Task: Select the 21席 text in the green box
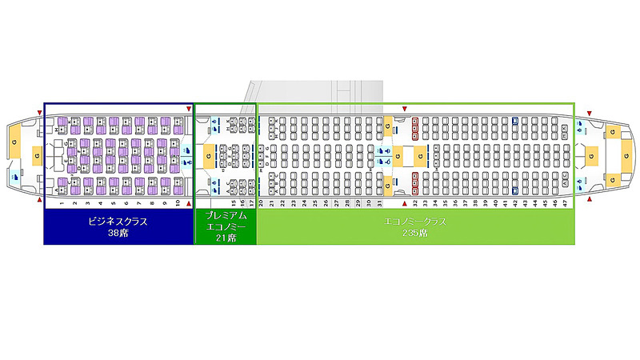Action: click(226, 238)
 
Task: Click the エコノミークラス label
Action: click(415, 222)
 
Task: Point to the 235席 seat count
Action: click(415, 233)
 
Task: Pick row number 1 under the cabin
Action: click(61, 204)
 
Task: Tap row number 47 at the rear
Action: click(566, 204)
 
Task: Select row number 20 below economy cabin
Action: click(262, 204)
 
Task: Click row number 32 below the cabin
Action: click(415, 204)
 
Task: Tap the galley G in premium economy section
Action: click(209, 157)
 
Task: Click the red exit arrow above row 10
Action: click(189, 109)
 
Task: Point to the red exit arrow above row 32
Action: click(405, 109)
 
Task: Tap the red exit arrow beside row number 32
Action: click(405, 204)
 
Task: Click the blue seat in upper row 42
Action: click(514, 121)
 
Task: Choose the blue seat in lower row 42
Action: click(514, 190)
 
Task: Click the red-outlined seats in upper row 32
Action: click(415, 124)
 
